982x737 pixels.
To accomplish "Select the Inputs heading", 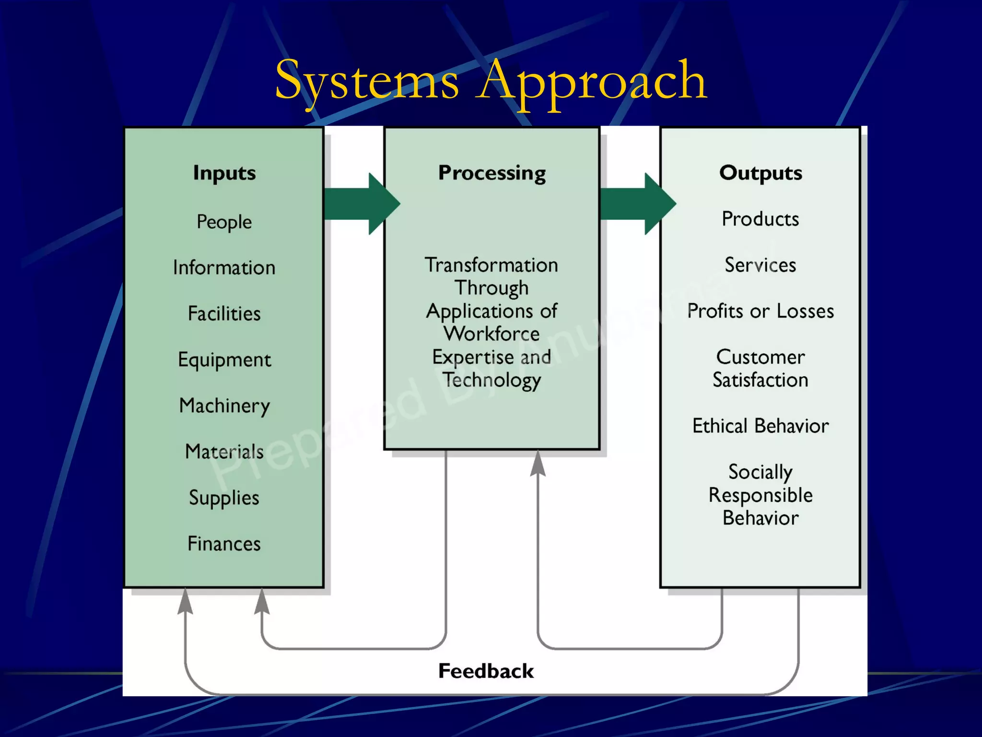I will pos(224,173).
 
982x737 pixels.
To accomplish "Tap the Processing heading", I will pos(492,173).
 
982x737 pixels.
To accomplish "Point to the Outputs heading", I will pos(760,173).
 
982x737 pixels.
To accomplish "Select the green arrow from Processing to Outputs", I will pos(637,204).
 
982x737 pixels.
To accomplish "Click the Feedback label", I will pos(486,671).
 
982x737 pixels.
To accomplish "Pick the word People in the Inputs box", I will pos(224,222).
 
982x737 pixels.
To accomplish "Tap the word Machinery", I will pos(224,406).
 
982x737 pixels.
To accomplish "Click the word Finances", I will pos(224,544).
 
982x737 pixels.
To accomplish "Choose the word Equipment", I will pos(224,360).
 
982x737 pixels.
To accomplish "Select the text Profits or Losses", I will pos(760,311).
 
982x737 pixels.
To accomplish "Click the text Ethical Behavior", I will pos(760,426).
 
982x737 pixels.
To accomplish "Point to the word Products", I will pos(760,219).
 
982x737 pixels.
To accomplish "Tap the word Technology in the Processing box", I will pos(492,380).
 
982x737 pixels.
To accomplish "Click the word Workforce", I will pos(492,334).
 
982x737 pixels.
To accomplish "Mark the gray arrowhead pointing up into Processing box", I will pos(538,463).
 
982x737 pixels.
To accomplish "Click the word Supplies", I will pos(224,498).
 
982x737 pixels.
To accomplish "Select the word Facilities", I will pos(224,314).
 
